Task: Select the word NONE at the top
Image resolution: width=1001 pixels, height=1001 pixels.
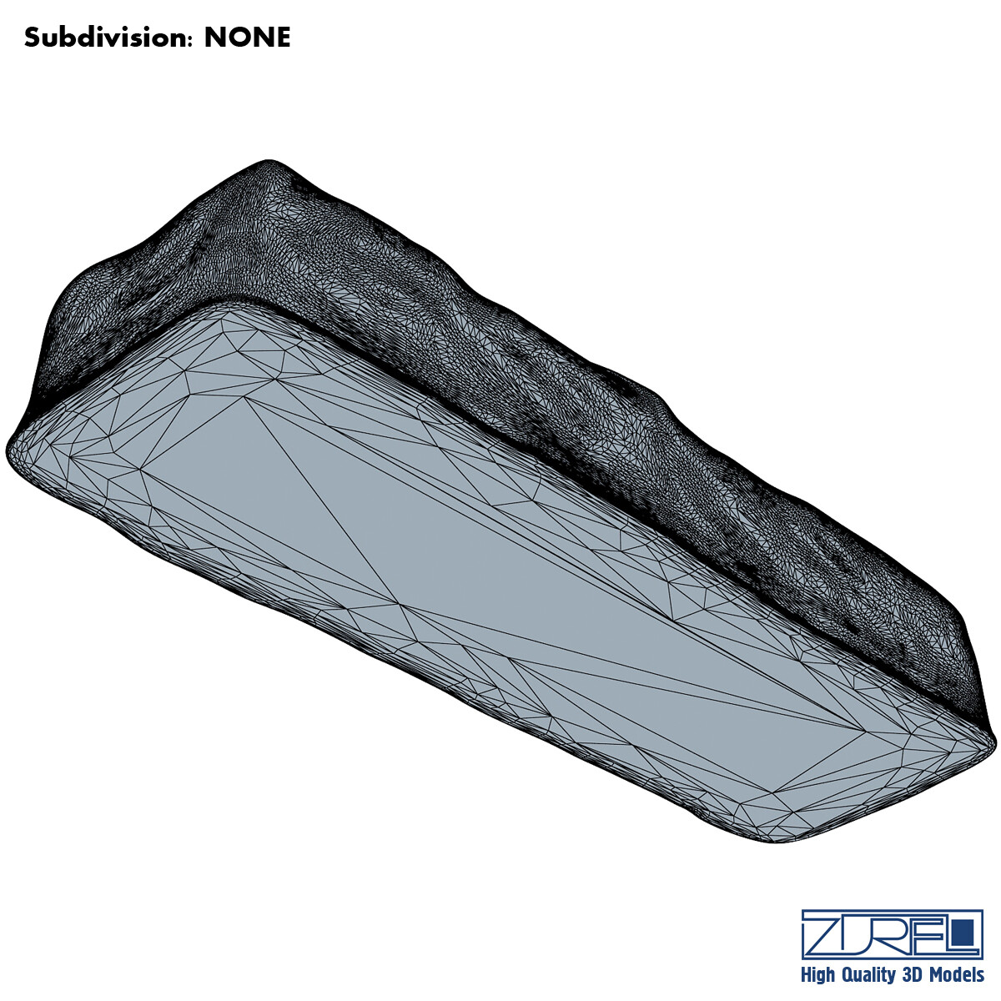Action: click(x=247, y=38)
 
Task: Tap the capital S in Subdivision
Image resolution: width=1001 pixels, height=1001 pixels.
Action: click(x=33, y=38)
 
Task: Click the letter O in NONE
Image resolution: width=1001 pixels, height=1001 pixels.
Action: click(x=237, y=38)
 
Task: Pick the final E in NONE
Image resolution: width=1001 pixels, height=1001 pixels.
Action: click(x=283, y=38)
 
